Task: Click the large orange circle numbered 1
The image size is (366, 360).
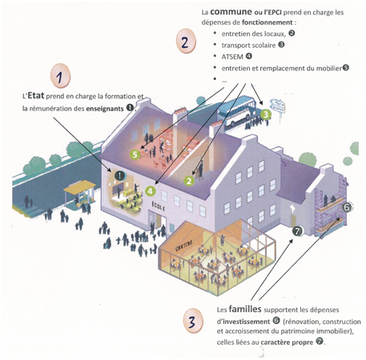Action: [x=60, y=76]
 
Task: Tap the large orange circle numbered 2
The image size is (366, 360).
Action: [x=186, y=42]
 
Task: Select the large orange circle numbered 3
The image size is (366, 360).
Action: [x=193, y=321]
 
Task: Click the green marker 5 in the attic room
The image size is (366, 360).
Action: [x=135, y=154]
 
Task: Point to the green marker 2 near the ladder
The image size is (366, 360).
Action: [x=189, y=181]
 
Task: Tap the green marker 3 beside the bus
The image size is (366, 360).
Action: [x=266, y=115]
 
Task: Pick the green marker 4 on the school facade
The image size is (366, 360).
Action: [x=151, y=191]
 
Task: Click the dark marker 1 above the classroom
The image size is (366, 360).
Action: [x=120, y=176]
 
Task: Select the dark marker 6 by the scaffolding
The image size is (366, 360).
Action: [x=347, y=207]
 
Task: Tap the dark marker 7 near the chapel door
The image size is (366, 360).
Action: [x=297, y=230]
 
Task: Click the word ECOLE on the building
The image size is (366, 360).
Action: [x=159, y=206]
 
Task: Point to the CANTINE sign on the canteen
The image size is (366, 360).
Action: [x=184, y=246]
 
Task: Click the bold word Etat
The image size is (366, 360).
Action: [x=36, y=96]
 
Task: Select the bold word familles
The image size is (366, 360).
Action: [x=245, y=309]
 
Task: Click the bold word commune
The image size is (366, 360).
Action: [x=231, y=11]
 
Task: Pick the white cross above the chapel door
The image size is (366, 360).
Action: [x=292, y=209]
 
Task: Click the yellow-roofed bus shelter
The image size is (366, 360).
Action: [x=79, y=194]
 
